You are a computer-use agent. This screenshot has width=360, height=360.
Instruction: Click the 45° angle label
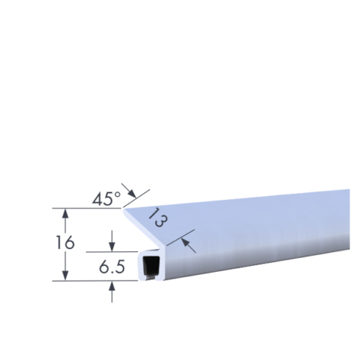[106, 198]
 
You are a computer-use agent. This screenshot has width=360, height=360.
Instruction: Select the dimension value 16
[65, 243]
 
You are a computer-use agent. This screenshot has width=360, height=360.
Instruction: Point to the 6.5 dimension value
[112, 267]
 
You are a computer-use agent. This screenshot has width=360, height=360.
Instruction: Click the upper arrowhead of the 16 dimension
[66, 213]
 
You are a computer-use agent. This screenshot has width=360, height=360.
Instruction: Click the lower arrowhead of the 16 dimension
[66, 276]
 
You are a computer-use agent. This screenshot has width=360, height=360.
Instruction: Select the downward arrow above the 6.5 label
[112, 241]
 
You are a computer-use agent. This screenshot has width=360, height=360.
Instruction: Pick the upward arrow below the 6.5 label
[112, 292]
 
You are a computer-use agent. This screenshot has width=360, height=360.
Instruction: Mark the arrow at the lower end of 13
[188, 245]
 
